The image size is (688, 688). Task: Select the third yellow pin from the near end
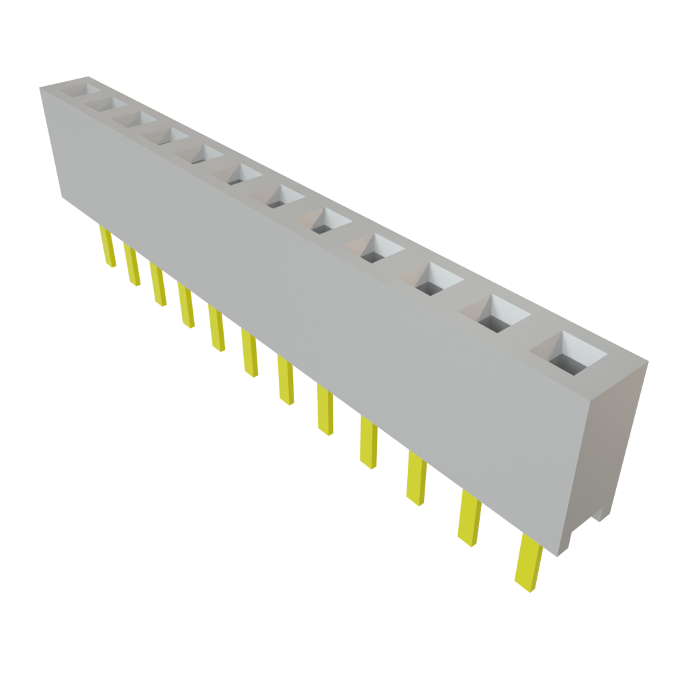(416, 478)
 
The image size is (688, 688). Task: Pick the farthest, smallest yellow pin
(106, 246)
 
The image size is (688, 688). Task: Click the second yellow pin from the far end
(131, 265)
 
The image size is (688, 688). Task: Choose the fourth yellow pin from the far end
(186, 306)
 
